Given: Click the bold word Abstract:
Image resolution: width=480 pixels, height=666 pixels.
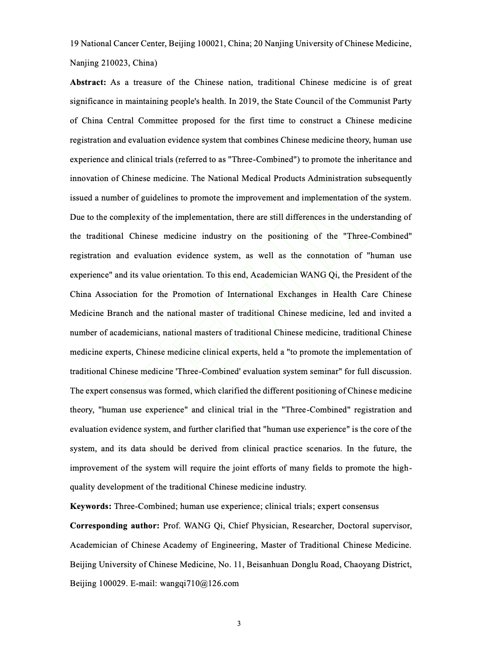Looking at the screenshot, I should (x=88, y=82).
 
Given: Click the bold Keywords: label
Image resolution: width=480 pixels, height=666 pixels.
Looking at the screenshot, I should (x=90, y=506).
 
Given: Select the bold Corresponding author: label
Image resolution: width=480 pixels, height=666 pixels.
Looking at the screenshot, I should (x=114, y=526).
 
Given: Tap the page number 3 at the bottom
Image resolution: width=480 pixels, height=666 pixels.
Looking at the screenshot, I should (x=239, y=624).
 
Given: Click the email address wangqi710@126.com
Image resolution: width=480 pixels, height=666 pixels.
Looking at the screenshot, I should (x=199, y=583).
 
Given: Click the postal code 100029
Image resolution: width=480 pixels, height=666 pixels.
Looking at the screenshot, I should (x=112, y=583).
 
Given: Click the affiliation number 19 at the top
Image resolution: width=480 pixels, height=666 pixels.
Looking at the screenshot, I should (x=74, y=43).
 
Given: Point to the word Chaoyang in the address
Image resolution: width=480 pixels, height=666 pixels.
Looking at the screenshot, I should (x=361, y=564).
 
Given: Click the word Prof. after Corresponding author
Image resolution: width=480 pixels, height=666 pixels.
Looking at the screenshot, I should (x=172, y=526).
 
